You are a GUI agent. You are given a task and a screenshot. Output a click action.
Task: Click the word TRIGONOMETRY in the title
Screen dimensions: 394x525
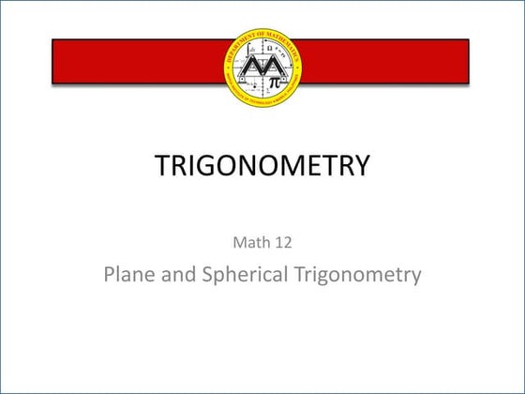[x=262, y=167]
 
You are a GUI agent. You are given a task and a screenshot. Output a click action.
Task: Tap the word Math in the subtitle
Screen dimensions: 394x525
[x=248, y=242]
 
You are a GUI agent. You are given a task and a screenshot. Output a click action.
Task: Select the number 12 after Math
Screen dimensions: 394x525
[x=283, y=242]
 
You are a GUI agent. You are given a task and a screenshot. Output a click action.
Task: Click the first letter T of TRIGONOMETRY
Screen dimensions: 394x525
[x=161, y=167]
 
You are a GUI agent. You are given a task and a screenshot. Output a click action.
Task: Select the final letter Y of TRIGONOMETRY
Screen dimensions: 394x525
[x=362, y=167]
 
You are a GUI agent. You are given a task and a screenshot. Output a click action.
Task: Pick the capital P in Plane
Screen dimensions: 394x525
[x=109, y=275]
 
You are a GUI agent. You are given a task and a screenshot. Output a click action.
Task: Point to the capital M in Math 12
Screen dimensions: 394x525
[x=238, y=242]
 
